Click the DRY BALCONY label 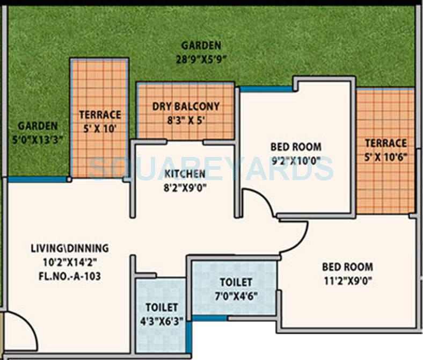click(186, 106)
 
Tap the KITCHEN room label click(185, 174)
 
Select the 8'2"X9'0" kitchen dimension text click(185, 188)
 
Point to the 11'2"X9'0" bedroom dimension click(347, 280)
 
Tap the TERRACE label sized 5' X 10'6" click(385, 143)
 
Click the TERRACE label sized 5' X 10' click(100, 114)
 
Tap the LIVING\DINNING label click(70, 248)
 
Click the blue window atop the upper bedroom click(266, 89)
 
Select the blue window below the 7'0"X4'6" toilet click(209, 319)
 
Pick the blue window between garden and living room click(37, 179)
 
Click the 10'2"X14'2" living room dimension click(70, 263)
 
